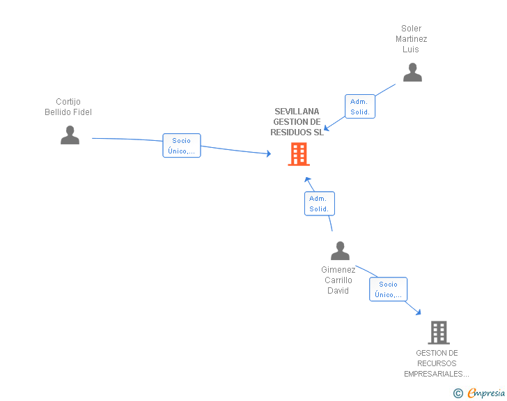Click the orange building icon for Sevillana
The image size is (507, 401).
pos(299,154)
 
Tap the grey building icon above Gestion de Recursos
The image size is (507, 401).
pos(439,333)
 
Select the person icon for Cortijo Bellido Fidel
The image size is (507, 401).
pos(70,135)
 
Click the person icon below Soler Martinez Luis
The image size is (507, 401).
pos(412,73)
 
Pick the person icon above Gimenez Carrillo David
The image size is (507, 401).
pos(340,250)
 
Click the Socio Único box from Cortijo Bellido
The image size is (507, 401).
pos(182,146)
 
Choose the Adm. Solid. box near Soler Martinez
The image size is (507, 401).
pos(360,106)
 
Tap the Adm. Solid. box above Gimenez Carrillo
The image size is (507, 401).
pos(320,204)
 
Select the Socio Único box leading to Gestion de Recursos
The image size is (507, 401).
pos(389,289)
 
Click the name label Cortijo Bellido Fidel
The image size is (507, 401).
pos(68,107)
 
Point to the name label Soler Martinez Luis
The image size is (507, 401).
pos(412,39)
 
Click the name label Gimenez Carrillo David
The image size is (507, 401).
pos(338,280)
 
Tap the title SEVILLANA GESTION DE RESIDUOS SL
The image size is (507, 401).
pos(297,122)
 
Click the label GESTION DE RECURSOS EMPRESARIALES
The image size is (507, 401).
pos(437,363)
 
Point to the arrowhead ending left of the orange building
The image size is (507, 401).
pos(268,153)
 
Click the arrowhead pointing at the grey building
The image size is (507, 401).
pos(419,312)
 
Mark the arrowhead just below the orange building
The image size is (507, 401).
pos(308,179)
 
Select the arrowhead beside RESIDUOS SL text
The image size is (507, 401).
pos(326,128)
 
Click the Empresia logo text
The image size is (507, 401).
pos(486,393)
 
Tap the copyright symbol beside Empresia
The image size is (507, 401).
pos(458,393)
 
